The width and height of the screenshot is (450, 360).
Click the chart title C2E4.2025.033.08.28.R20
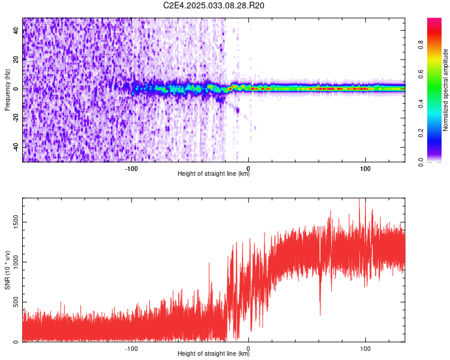[x=214, y=6]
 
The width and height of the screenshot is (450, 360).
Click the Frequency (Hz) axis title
[x=8, y=89]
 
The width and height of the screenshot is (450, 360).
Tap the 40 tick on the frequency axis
[x=16, y=31]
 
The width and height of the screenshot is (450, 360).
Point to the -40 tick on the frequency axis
[x=15, y=147]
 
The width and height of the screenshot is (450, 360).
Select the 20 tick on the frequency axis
[x=16, y=59]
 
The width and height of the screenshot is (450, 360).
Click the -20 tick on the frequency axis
[x=15, y=118]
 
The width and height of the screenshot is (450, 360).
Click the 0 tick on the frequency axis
[x=18, y=89]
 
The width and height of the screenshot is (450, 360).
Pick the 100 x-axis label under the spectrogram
[x=365, y=169]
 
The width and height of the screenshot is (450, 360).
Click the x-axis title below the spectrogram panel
[x=214, y=174]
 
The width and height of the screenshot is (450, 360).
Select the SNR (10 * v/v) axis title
[x=8, y=269]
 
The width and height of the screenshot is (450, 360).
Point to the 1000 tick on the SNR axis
[x=13, y=262]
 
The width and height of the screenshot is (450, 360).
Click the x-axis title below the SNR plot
[x=214, y=354]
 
